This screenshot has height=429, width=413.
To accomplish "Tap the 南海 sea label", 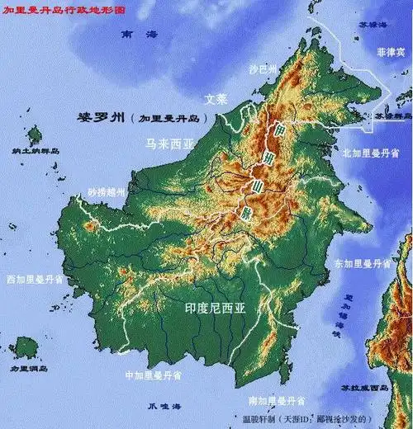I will click(x=138, y=35).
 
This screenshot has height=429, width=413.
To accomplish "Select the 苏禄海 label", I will click(x=388, y=26).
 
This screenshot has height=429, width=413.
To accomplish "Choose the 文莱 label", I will click(x=216, y=98).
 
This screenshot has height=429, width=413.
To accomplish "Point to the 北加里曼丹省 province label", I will click(x=371, y=153).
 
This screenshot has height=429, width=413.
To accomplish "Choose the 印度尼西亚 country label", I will click(x=214, y=308).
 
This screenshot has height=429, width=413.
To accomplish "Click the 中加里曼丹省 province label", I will click(x=152, y=375).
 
